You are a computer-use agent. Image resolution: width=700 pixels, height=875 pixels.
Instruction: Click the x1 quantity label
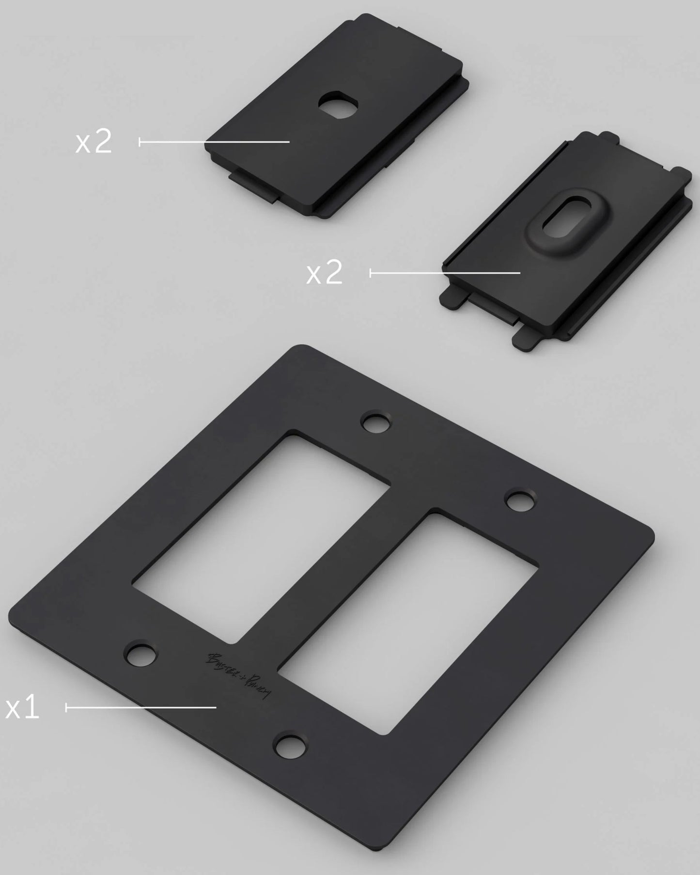[22, 708]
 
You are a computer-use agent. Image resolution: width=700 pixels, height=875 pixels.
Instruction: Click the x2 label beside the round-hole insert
[93, 142]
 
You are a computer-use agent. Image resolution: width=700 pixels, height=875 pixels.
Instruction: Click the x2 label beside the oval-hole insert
[324, 273]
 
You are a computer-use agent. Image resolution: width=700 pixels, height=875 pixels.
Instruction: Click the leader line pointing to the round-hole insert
[213, 141]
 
